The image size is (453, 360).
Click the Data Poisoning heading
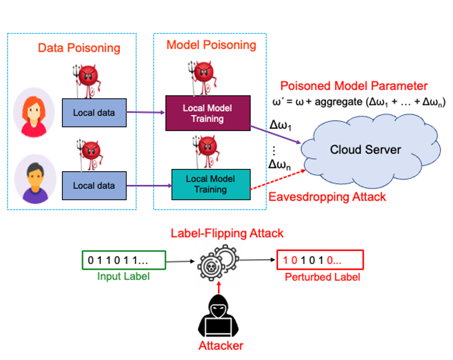point(79,48)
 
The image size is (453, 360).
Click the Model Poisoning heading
point(211,45)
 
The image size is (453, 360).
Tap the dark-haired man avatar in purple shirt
point(35,179)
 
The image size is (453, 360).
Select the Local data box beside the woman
point(94,113)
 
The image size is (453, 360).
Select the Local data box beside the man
point(94,186)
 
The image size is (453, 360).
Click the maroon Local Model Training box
point(208,113)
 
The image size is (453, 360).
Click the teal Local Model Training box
point(211,184)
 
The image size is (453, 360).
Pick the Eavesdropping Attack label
point(327,197)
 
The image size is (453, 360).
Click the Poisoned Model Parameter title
point(354,86)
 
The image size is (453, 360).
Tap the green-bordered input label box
point(124,260)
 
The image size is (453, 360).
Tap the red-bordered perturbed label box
point(320,260)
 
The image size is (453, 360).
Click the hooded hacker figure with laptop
point(218,318)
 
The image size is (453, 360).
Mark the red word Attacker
point(221,346)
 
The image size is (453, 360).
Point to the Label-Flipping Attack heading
point(227,233)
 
